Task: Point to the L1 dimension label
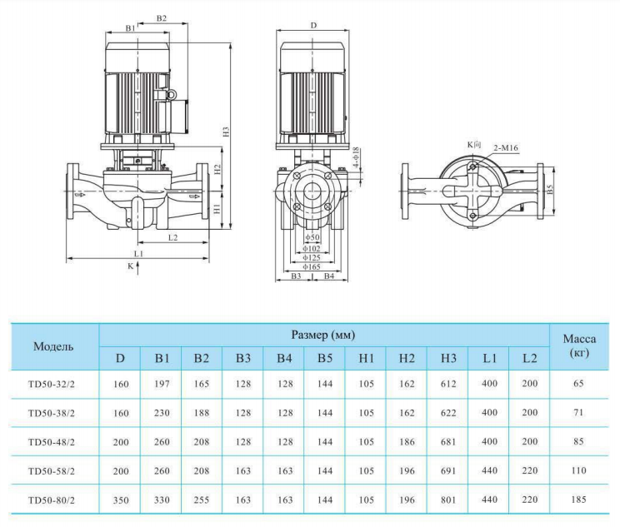pos(138,251)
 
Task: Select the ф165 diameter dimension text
pos(312,266)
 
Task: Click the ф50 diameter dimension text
pos(312,238)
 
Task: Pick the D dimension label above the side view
pos(313,26)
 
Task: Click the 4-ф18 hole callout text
pos(356,157)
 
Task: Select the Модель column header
pos(53,346)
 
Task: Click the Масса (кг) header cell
pos(579,346)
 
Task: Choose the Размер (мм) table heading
pos(323,336)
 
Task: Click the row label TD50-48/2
pos(52,442)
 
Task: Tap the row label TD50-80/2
pos(52,500)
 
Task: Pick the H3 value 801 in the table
pos(448,500)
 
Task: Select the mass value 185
pos(579,500)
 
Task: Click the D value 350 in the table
pos(120,500)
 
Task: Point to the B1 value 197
pos(162,385)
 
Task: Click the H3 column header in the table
pos(448,359)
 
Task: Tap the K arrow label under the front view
pos(130,266)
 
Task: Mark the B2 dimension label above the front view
pos(162,17)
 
